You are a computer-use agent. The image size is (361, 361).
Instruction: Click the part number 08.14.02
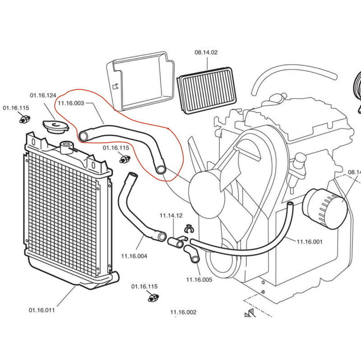tap(206, 53)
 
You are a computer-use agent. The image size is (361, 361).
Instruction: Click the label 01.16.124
tap(43, 96)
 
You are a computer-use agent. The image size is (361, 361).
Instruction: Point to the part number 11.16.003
tap(71, 103)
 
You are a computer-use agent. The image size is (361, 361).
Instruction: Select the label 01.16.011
tap(42, 310)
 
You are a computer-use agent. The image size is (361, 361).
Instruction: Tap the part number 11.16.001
tap(310, 242)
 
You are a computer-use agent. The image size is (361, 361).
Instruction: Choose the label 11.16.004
tap(134, 256)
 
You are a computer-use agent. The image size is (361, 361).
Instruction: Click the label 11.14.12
tap(171, 216)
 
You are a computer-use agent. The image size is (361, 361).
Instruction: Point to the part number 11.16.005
tap(199, 280)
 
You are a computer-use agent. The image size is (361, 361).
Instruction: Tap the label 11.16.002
tap(183, 312)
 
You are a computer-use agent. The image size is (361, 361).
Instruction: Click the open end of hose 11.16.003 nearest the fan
tap(161, 170)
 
